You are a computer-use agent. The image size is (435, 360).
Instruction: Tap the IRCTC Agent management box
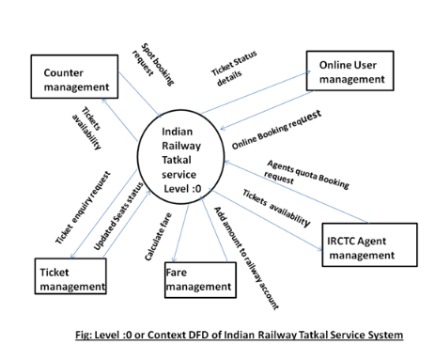(368, 243)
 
